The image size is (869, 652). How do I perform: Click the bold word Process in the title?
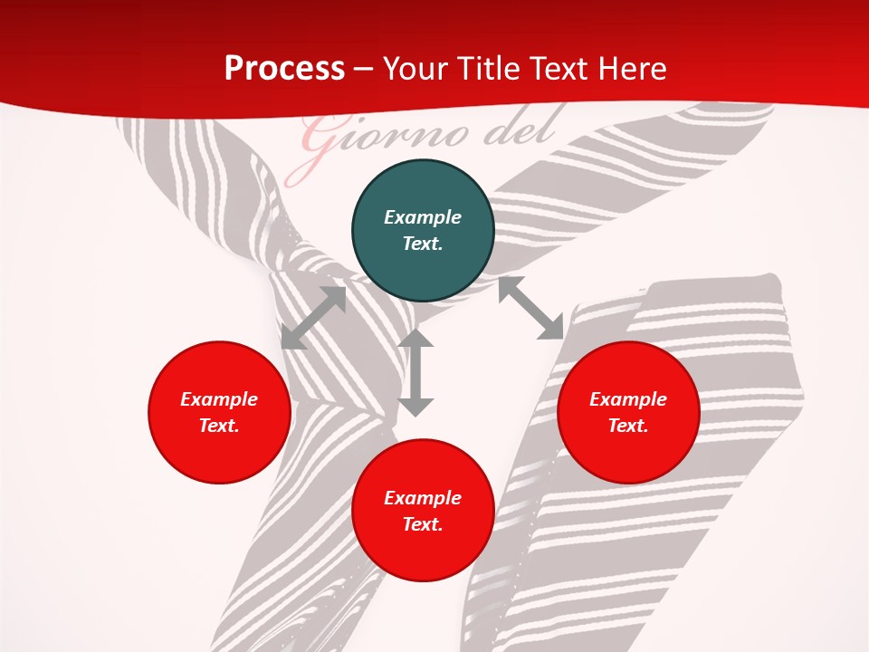(284, 69)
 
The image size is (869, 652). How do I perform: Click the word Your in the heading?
(413, 69)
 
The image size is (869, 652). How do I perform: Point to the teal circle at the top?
(423, 231)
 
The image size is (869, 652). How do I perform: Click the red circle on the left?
(219, 412)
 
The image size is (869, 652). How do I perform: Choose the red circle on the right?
(628, 412)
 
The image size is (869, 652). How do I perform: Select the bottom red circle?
(423, 511)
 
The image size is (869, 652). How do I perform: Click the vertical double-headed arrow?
(415, 372)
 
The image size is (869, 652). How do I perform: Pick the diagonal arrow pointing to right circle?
(530, 309)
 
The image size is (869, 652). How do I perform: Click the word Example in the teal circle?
(423, 217)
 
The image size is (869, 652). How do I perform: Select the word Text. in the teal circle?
(423, 244)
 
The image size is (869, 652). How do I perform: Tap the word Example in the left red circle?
(219, 399)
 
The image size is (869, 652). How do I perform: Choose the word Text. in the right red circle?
(628, 426)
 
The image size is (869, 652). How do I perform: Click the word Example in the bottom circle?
(423, 498)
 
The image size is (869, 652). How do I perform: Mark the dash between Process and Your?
(364, 69)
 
